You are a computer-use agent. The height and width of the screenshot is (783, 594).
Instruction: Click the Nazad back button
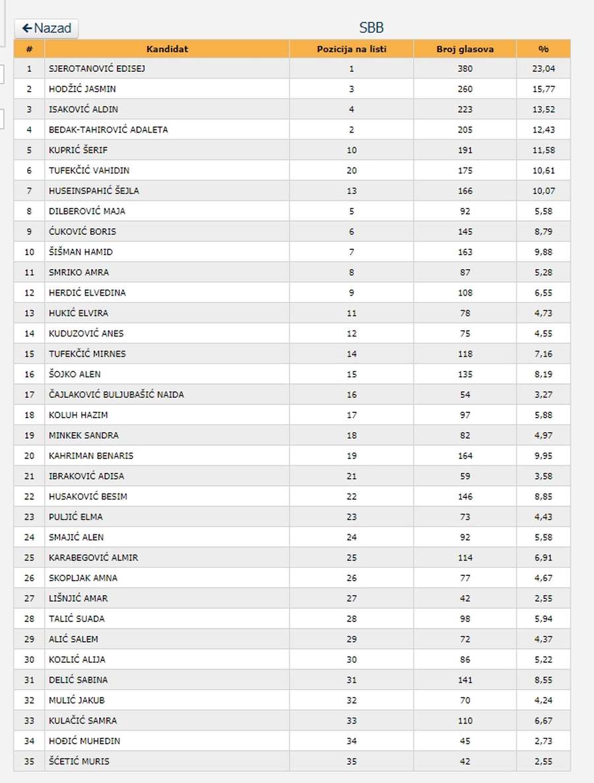46,28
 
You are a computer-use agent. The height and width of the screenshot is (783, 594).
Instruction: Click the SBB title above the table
372,28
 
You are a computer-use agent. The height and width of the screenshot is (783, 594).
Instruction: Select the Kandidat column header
167,49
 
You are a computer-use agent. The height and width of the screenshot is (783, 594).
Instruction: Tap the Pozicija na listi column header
351,49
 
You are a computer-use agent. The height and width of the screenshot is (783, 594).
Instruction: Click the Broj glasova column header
465,49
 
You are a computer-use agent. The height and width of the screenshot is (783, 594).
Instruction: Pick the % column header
543,49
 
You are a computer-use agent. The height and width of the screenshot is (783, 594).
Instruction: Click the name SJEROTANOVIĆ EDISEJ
97,69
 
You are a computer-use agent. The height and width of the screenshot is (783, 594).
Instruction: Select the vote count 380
465,69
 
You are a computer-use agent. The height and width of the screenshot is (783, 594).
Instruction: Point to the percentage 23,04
543,69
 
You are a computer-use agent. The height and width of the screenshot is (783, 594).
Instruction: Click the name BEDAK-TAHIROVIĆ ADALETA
108,130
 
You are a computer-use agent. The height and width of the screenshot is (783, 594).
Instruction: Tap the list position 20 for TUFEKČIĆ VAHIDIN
351,171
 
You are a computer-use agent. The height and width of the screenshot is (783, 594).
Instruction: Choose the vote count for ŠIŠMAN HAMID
465,252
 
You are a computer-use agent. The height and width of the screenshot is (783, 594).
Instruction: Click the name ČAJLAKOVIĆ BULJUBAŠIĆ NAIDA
116,395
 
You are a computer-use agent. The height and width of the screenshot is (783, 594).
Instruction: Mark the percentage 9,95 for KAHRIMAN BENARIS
543,456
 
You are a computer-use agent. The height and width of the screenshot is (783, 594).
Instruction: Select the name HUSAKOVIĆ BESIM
88,497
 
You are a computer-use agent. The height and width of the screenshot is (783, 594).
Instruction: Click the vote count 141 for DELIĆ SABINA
465,680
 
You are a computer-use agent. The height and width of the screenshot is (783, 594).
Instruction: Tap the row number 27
29,598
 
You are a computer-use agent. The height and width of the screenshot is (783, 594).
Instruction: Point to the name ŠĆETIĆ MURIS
79,762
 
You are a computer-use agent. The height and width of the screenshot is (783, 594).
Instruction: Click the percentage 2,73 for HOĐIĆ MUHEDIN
543,741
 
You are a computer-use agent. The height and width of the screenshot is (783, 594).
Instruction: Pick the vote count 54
465,395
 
